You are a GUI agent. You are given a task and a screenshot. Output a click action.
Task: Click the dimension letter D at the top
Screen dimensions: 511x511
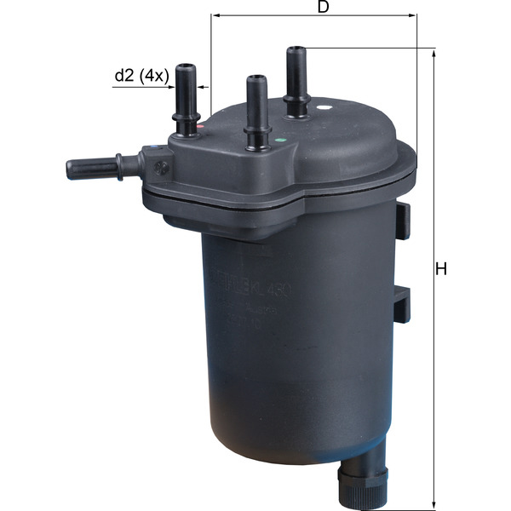323,7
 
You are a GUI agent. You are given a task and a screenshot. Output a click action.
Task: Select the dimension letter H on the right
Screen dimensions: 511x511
441,270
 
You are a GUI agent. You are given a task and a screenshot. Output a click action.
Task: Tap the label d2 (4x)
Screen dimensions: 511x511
143,75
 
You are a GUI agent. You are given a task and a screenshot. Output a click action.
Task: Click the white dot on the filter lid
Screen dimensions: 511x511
324,110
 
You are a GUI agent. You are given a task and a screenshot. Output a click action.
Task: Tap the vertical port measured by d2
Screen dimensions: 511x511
186,98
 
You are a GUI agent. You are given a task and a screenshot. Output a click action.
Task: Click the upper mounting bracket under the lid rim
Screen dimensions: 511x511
403,219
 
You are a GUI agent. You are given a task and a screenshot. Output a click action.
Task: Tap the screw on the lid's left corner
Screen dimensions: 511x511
160,169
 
